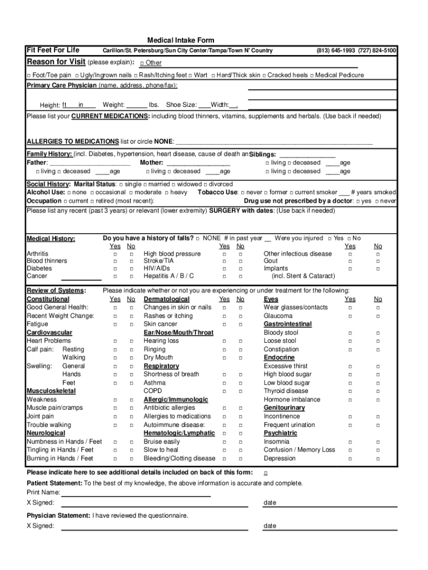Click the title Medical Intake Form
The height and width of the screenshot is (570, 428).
[x=180, y=41]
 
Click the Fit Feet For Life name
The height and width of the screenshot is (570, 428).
[x=53, y=50]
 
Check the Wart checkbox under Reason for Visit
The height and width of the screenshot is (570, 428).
[x=191, y=75]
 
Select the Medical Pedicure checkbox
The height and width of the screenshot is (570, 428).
[x=312, y=75]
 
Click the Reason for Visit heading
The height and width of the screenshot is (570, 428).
[x=56, y=62]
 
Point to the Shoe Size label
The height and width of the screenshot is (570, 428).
[x=181, y=105]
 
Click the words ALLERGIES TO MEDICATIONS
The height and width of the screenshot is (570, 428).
[x=73, y=141]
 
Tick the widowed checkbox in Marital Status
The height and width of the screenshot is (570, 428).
[x=175, y=184]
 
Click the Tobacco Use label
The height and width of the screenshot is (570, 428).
[x=217, y=192]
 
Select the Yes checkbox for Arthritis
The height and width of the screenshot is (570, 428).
[x=116, y=254]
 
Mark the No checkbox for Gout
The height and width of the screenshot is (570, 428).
[x=378, y=261]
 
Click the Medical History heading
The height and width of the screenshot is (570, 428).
[x=51, y=239]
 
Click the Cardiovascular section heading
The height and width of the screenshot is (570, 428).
[x=49, y=332]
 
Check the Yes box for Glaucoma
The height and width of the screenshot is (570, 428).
[x=350, y=316]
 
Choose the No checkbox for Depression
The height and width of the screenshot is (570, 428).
[x=378, y=459]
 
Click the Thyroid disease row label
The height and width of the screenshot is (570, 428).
[x=286, y=391]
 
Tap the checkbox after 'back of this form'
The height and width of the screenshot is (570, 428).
[x=265, y=473]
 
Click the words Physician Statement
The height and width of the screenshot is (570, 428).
[x=58, y=515]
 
